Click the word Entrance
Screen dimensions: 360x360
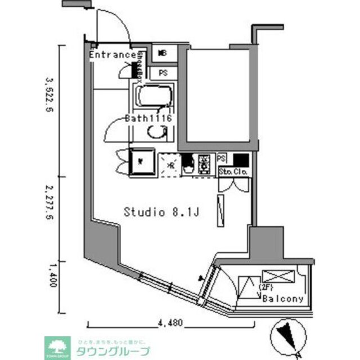click(112, 55)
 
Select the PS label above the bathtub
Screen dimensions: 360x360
click(163, 73)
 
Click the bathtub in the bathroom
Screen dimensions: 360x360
click(154, 98)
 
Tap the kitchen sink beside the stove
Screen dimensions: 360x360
click(187, 164)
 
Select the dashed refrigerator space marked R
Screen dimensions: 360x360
click(168, 165)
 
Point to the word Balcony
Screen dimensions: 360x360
click(283, 299)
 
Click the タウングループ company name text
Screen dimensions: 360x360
click(121, 352)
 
